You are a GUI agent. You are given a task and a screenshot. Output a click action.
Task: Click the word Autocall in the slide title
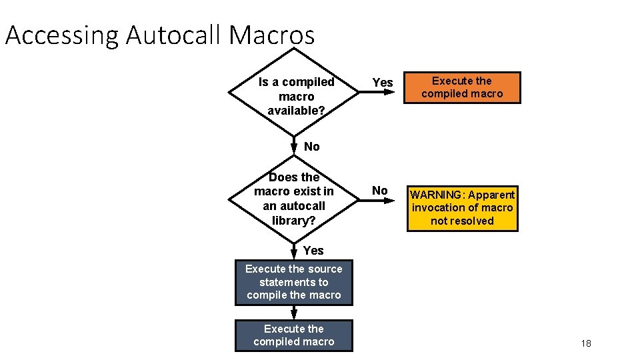point(175,35)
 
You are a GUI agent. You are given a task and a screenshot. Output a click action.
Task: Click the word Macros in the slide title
point(271,35)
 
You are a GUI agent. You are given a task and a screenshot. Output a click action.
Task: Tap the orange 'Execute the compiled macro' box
point(462,87)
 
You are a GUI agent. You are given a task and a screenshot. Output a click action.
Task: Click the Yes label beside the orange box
point(382,82)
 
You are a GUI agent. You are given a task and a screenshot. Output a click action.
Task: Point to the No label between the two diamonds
point(311,147)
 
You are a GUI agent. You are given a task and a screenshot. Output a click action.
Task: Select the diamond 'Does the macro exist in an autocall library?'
point(294,199)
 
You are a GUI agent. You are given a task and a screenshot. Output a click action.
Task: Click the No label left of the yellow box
point(379,191)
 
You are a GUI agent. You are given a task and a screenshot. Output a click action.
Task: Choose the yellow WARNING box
point(462,208)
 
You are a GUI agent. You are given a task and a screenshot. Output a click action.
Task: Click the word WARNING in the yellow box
point(437,195)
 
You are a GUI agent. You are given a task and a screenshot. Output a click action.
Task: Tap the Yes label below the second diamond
point(313,251)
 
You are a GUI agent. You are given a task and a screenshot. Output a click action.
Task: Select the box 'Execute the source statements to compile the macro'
point(294,282)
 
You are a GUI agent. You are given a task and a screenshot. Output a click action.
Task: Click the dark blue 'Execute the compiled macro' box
point(294,335)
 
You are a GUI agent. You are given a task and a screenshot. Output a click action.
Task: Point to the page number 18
point(586,343)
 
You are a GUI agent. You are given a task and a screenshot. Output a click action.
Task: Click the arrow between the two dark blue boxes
point(294,313)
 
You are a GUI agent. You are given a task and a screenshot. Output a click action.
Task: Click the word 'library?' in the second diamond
point(294,221)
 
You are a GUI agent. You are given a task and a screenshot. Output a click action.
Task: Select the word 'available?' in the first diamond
point(296,111)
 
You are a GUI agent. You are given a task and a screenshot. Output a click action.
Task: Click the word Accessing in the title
point(62,35)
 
